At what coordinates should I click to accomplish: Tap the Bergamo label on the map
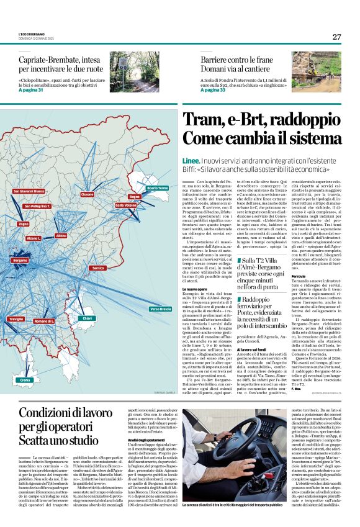pyautogui.click(x=20, y=260)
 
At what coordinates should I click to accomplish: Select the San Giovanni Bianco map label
pyautogui.click(x=29, y=191)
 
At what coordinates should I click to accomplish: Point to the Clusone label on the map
pyautogui.click(x=88, y=194)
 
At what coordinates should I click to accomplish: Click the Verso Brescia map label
pyautogui.click(x=160, y=309)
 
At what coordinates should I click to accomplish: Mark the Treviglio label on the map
pyautogui.click(x=16, y=318)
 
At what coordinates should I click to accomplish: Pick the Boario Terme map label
pyautogui.click(x=158, y=187)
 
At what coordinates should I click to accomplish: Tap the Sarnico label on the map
pyautogui.click(x=98, y=268)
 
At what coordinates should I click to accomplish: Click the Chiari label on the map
pyautogui.click(x=88, y=318)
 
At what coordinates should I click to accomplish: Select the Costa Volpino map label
pyautogui.click(x=143, y=205)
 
